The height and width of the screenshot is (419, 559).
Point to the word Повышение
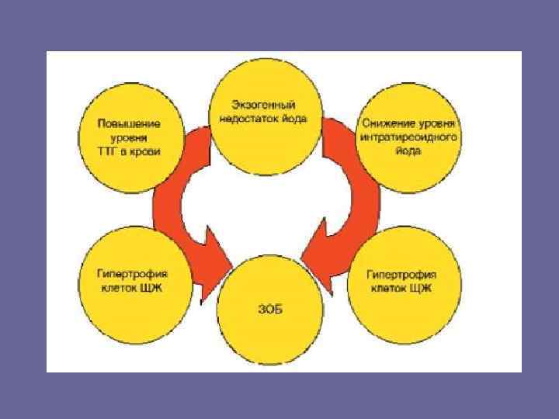click(x=130, y=123)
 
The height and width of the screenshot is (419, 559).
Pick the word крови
click(x=147, y=151)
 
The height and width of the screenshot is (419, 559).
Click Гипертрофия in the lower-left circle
click(x=133, y=274)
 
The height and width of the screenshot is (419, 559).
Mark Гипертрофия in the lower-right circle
click(x=401, y=275)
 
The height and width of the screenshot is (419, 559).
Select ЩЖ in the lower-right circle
click(x=427, y=289)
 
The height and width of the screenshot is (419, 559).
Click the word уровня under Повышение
click(x=130, y=137)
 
